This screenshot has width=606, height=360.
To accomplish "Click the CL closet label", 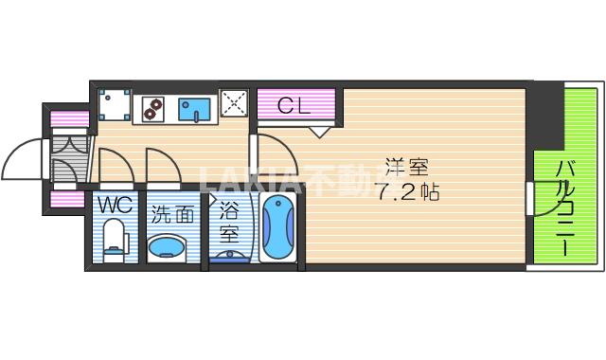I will pyautogui.click(x=294, y=105).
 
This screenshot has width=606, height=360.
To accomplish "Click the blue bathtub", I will pyautogui.click(x=278, y=230).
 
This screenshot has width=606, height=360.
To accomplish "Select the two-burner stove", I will pyautogui.click(x=152, y=109).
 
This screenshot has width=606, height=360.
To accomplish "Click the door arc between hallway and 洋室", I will pyautogui.click(x=271, y=153).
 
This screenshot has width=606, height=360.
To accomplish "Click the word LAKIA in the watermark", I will pyautogui.click(x=245, y=180).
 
